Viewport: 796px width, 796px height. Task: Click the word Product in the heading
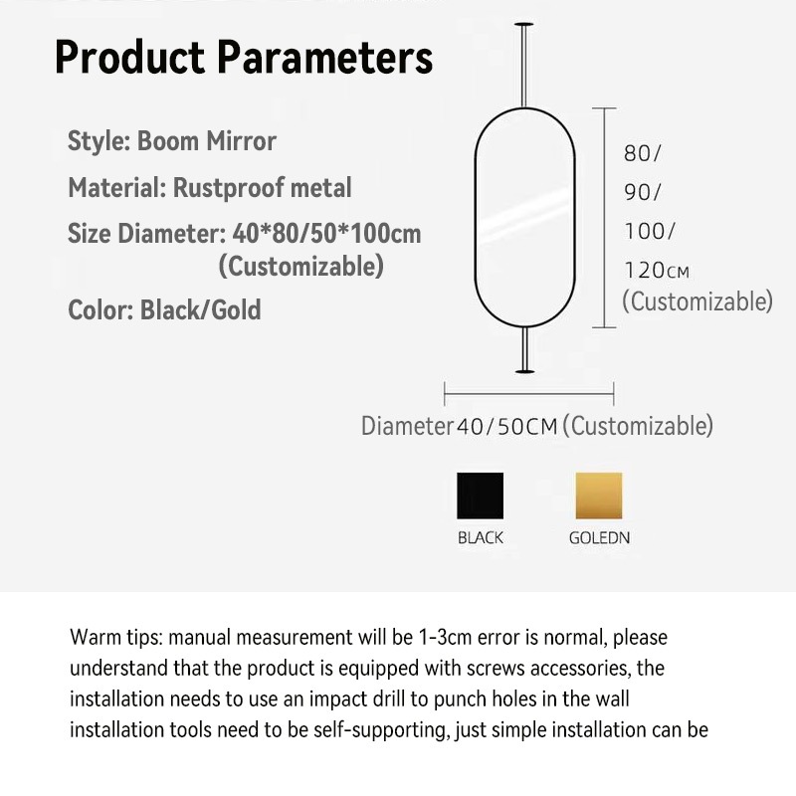130,57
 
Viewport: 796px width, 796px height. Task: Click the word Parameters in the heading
325,57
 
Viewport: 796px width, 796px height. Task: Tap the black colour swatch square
481,496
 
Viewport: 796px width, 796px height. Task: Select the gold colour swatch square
599,496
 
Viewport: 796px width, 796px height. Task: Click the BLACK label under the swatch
481,537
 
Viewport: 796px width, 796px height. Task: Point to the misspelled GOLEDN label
599,537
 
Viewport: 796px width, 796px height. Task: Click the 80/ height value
642,153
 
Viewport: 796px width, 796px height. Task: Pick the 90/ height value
642,192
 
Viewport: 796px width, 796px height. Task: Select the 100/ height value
650,232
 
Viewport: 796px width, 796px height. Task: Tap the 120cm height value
657,271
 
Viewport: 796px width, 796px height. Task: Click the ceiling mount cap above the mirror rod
524,24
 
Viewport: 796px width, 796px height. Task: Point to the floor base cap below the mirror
525,371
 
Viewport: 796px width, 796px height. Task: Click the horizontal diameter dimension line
529,394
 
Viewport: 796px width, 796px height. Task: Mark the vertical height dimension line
604,218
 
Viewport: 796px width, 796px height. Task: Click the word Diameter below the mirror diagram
407,426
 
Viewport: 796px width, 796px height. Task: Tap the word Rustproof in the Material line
228,188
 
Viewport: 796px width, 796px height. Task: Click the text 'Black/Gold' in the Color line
201,309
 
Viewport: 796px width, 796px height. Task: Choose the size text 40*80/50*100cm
327,234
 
